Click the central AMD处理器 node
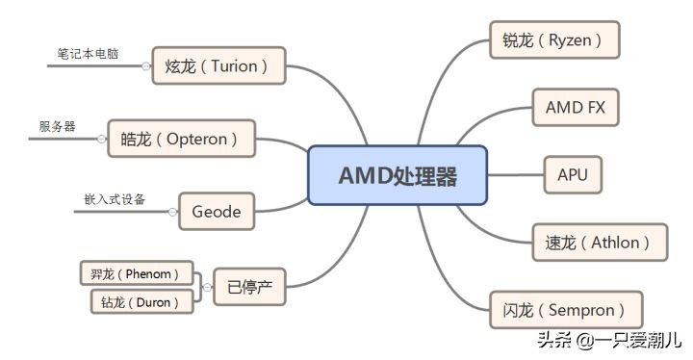(398, 175)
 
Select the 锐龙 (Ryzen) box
(553, 40)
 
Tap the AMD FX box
(575, 107)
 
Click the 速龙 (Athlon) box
(599, 242)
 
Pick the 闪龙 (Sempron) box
(566, 310)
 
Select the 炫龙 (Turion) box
(218, 65)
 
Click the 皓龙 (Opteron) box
(182, 139)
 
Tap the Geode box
(217, 211)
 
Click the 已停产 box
(249, 287)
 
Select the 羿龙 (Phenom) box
(135, 272)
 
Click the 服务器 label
(57, 126)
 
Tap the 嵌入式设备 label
(115, 199)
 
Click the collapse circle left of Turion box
(145, 66)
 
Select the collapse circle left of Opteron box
(101, 140)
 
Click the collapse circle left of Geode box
(172, 212)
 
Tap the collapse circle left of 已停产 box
(206, 287)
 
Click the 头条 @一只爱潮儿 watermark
(609, 339)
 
